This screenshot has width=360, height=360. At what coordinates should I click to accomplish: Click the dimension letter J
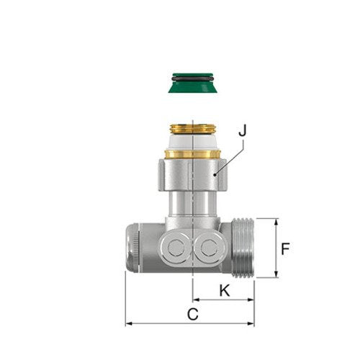243,130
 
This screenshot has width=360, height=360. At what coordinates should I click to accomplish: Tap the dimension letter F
285,249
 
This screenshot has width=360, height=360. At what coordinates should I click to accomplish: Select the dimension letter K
225,290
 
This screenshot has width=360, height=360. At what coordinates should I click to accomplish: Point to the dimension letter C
193,314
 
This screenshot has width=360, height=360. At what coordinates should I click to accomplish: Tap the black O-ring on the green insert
192,78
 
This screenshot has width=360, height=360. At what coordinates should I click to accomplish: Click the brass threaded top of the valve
193,129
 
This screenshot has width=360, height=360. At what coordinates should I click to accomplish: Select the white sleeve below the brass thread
193,142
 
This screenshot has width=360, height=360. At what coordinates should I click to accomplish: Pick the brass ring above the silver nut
193,154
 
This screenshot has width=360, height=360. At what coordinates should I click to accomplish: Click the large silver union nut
192,174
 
